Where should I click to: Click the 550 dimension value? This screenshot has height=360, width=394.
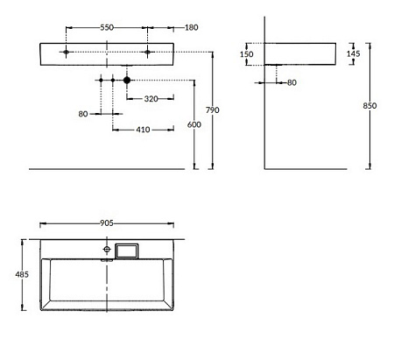tap(107, 27)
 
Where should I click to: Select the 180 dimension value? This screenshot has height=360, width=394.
tap(192, 27)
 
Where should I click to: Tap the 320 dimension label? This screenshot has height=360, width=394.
tap(151, 99)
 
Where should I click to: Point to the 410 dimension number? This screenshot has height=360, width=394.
tap(143, 130)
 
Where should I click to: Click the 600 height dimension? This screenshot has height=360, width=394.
tap(194, 124)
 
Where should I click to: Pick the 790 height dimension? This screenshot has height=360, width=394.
tap(213, 110)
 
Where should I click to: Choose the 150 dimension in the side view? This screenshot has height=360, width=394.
tap(247, 54)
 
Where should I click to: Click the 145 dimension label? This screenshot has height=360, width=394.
tap(354, 53)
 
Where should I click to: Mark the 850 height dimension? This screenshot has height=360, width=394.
tap(369, 105)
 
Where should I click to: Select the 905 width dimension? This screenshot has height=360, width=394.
tap(107, 223)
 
